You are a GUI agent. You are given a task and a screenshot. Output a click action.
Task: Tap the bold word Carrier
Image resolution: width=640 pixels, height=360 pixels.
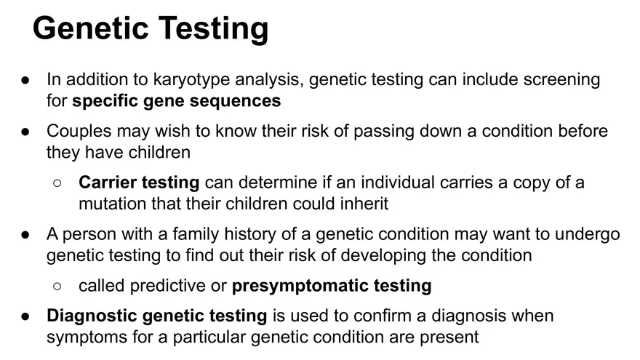click(x=109, y=183)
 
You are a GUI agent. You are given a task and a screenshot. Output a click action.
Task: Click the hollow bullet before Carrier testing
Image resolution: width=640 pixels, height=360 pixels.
click(x=57, y=183)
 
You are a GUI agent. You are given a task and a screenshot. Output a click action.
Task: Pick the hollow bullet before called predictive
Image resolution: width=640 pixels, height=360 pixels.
click(x=57, y=287)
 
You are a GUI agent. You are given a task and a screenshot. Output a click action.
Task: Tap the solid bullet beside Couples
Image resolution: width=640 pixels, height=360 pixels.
click(x=25, y=132)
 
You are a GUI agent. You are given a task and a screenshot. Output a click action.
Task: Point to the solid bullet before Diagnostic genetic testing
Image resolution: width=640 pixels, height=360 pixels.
click(x=25, y=316)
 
